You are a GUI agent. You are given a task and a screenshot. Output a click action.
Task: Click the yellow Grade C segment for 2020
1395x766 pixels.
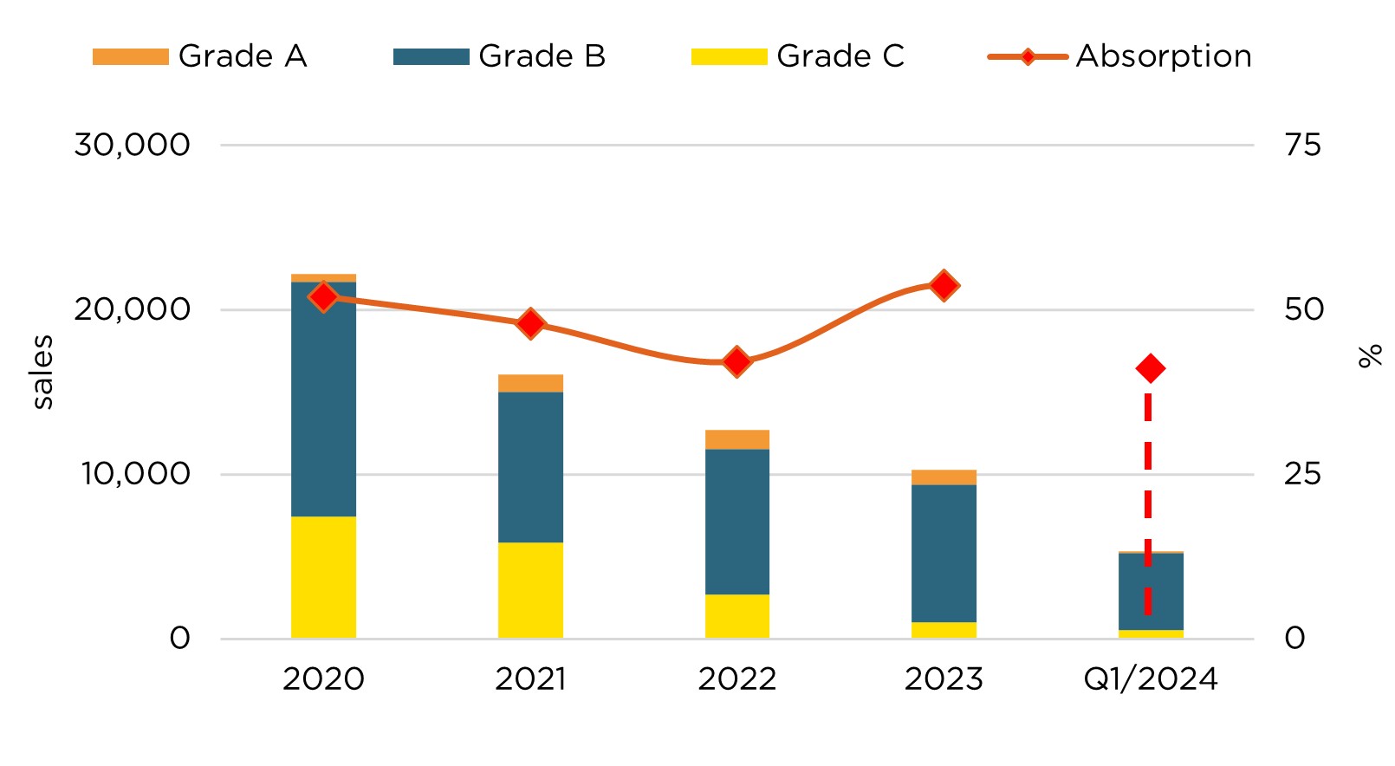323,577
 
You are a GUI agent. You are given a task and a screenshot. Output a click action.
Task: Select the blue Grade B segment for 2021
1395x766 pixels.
530,467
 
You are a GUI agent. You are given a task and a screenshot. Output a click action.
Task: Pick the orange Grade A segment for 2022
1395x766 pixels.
737,439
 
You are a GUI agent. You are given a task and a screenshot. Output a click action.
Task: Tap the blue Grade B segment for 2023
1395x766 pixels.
944,553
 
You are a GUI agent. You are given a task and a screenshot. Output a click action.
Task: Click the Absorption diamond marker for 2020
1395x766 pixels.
323,297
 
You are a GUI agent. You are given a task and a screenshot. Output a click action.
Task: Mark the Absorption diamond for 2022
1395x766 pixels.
737,361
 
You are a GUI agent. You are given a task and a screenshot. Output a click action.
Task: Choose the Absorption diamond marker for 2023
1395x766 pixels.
944,285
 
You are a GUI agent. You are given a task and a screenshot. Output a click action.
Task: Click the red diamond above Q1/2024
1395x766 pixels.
1151,368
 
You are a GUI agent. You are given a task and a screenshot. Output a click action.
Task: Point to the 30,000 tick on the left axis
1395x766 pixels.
132,145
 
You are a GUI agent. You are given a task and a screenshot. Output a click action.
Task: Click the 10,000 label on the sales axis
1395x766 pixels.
135,474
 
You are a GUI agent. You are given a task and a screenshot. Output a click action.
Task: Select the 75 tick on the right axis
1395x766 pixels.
1302,145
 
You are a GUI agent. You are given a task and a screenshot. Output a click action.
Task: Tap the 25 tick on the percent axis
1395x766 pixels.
1302,474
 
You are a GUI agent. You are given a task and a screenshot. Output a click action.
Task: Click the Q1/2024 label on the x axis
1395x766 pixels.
1151,678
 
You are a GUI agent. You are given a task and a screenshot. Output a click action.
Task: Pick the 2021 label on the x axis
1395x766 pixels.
530,678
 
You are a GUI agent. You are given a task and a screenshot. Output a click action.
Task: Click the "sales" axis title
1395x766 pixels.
42,372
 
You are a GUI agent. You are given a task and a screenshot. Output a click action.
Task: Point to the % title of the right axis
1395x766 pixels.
1370,356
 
